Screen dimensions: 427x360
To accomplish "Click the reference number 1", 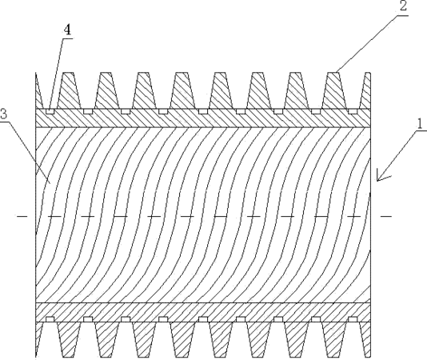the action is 420,124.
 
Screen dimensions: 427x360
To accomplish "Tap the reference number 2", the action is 403,6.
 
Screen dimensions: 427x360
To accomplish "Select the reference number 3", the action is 3,114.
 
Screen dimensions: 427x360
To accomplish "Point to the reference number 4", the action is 67,30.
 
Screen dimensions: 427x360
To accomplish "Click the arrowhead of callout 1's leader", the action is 381,177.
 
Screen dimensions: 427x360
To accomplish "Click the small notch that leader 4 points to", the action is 50,111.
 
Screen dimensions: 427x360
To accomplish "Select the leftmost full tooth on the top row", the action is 69,90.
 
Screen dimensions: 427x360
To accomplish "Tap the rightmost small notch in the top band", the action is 353,111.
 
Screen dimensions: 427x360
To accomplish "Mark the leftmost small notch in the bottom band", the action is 50,319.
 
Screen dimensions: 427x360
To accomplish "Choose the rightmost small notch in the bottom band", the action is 353,319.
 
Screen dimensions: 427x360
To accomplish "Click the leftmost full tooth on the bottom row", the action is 69,339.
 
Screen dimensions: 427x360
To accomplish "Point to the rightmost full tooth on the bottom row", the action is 335,339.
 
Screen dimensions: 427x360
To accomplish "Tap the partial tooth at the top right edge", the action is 365,90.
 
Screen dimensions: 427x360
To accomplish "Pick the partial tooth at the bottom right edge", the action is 365,339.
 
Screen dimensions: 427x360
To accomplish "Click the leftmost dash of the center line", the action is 22,216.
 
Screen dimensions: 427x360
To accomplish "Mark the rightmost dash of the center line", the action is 386,216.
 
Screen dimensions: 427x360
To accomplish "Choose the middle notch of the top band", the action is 203,111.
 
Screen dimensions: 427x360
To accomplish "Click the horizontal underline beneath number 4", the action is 67,38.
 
